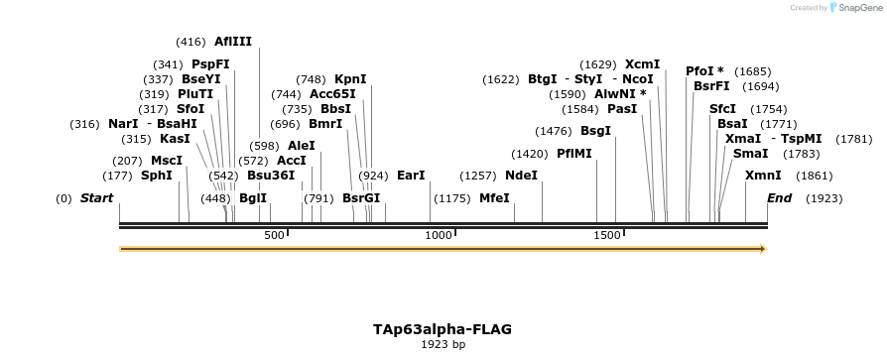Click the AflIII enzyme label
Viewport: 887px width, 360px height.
[x=233, y=42]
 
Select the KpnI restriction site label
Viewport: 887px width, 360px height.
[x=350, y=79]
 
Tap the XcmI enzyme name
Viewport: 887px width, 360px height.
[x=642, y=64]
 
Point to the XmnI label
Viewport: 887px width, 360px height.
[x=763, y=176]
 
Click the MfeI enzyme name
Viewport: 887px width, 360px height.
[x=494, y=198]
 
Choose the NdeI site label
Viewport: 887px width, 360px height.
[x=521, y=176]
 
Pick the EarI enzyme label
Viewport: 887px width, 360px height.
[x=411, y=176]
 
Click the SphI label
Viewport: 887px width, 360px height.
[x=157, y=176]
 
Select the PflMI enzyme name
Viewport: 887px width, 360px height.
[x=574, y=154]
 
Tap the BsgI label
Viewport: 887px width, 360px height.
[x=595, y=131]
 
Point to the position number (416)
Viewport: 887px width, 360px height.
[x=190, y=42]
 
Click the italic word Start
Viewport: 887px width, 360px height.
[x=96, y=198]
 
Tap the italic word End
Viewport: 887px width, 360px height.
[x=779, y=198]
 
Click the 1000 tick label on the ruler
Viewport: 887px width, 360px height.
[x=438, y=236]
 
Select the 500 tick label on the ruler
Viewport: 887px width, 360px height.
[x=274, y=236]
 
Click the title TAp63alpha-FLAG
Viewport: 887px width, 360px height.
[x=443, y=328]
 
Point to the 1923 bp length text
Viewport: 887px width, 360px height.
[x=443, y=345]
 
